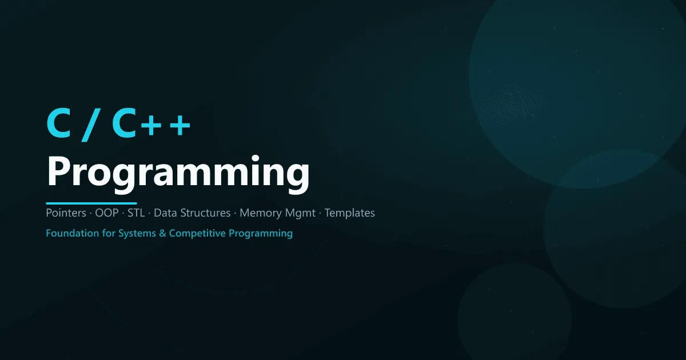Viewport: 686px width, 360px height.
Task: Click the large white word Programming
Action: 178,171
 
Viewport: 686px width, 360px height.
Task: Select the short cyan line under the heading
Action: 91,203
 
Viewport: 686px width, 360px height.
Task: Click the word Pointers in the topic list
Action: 65,213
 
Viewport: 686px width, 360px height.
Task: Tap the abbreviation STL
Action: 137,213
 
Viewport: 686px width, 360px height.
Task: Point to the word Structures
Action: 204,213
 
